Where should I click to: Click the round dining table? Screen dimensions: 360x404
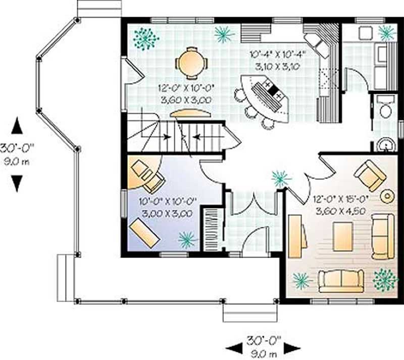[x=191, y=63]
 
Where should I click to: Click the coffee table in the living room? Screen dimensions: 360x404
[x=343, y=237]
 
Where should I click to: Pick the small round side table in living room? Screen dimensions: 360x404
[x=387, y=196]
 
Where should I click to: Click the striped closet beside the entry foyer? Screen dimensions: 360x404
[x=211, y=227]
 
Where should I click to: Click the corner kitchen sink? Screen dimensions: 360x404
[x=319, y=45]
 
